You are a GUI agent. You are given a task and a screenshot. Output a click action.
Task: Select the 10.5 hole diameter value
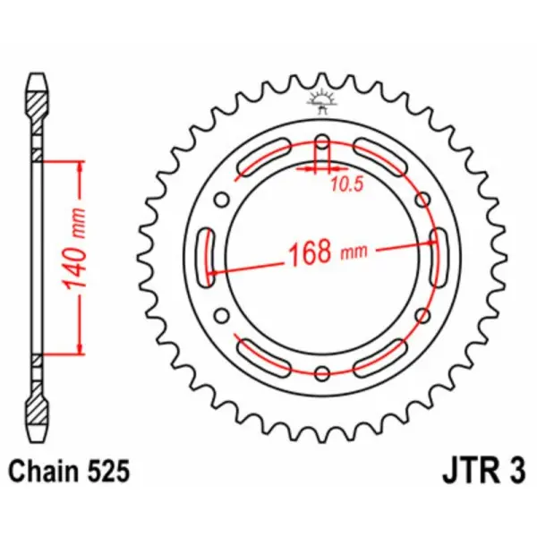coord(342,187)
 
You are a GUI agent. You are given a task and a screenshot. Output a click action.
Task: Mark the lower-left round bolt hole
coord(221,315)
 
